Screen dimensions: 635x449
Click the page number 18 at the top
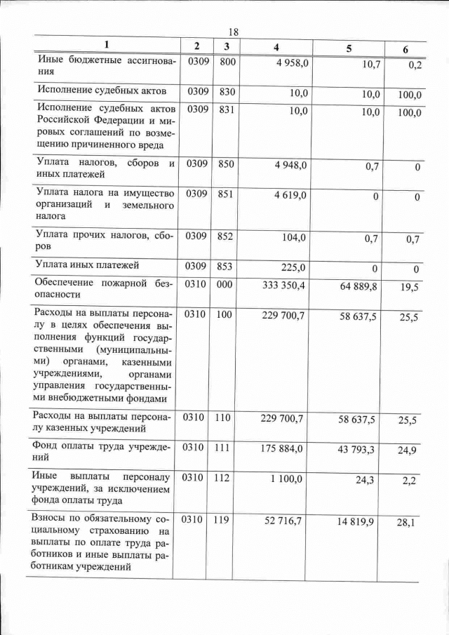(x=234, y=32)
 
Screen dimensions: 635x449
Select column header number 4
(x=276, y=47)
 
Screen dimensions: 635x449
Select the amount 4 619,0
(x=290, y=194)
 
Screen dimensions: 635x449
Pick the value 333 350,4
(x=283, y=286)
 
